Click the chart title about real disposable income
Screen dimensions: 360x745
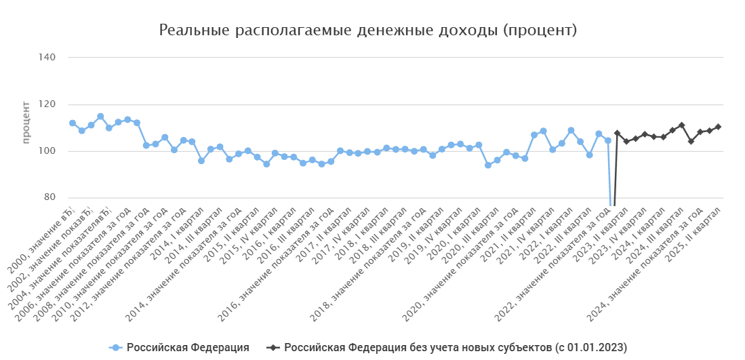[368, 31]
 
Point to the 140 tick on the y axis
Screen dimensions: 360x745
[47, 58]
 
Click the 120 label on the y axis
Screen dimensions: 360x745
[47, 104]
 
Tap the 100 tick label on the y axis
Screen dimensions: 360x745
[47, 151]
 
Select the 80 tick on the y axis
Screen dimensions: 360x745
[49, 198]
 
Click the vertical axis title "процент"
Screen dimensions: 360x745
[26, 122]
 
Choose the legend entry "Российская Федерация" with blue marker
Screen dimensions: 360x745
[179, 348]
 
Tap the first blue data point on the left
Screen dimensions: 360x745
[73, 123]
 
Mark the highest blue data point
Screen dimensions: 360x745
[100, 117]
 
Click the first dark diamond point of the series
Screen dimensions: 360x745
[617, 134]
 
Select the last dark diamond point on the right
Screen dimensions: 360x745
[718, 127]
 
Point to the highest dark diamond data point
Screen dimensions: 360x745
[681, 125]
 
